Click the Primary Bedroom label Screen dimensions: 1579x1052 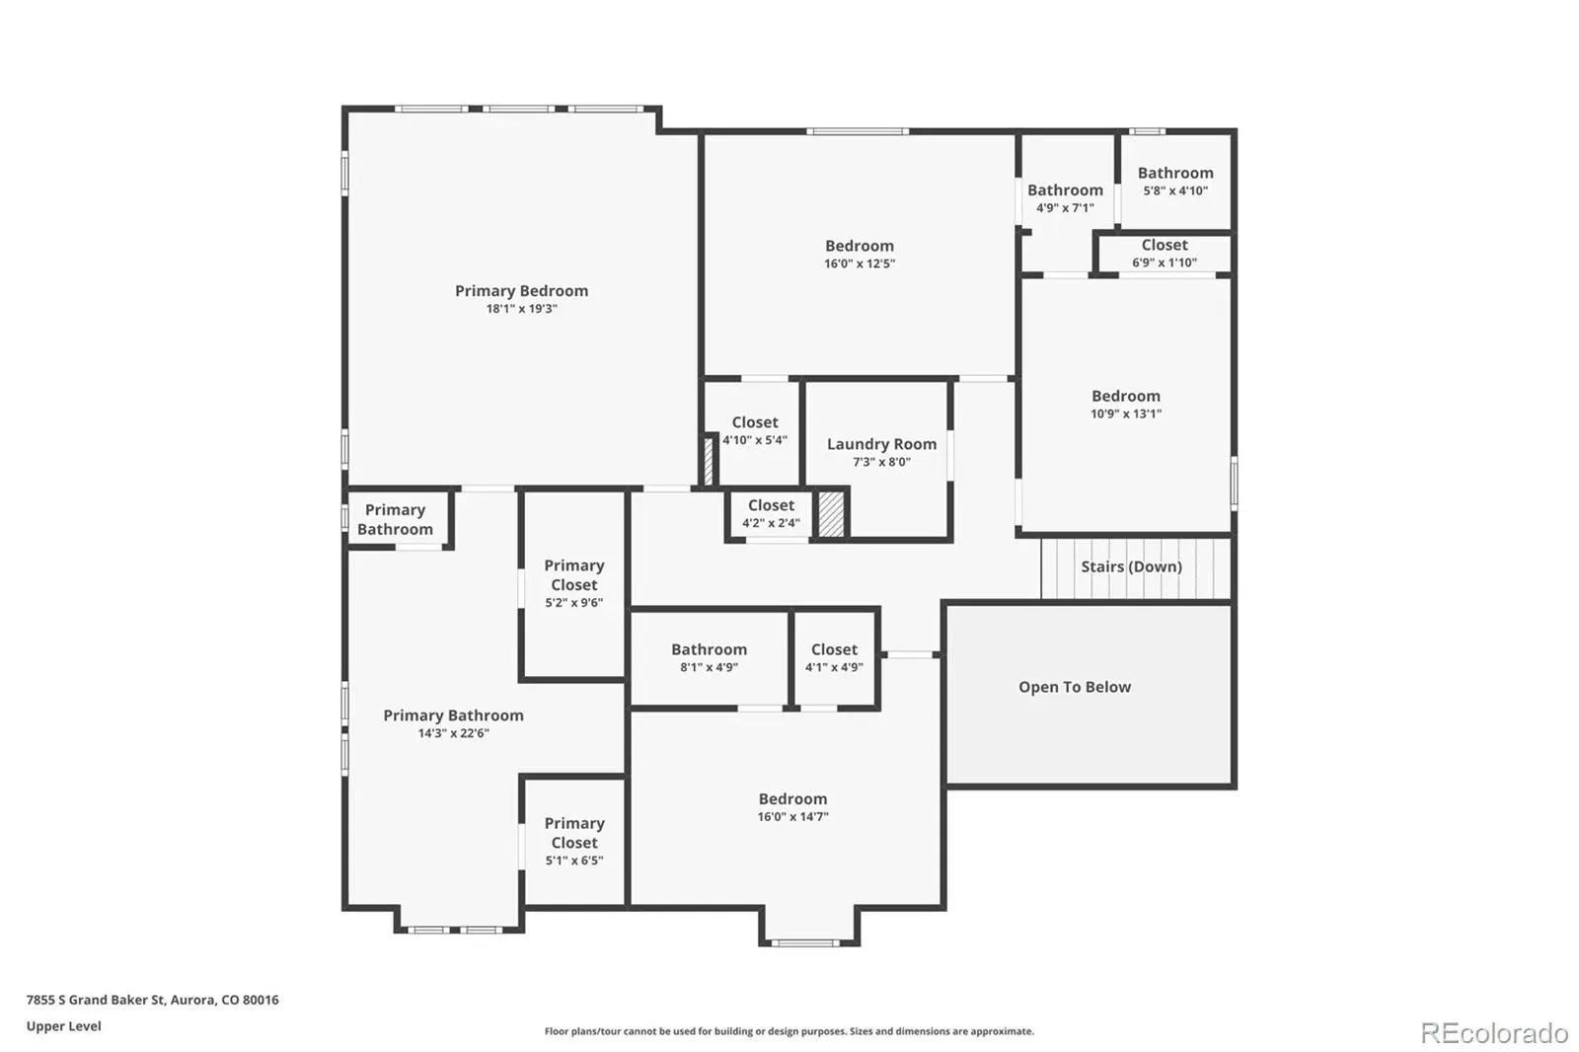522,290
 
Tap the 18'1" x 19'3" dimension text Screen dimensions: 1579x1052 522,309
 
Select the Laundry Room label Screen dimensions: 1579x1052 882,444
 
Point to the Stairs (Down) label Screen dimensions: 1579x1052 1131,566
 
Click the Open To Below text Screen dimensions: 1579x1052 1075,687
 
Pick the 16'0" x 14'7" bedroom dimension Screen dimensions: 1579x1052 793,816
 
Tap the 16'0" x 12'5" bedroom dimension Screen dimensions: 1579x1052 860,263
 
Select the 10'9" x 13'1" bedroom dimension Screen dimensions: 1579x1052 1126,413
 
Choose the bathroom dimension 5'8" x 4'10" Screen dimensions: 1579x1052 1175,190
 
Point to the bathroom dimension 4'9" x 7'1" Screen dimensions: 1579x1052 1065,208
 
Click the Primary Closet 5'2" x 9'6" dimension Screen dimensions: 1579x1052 573,603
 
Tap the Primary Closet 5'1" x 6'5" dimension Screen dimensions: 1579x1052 573,861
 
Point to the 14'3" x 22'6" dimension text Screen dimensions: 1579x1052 453,733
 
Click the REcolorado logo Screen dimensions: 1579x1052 1494,1033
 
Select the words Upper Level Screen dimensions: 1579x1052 63,1026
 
